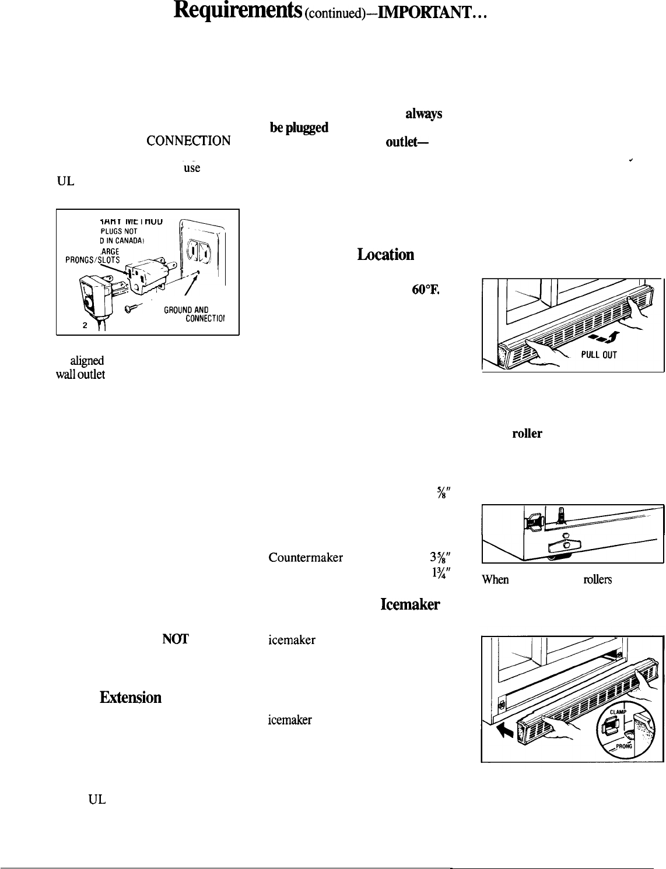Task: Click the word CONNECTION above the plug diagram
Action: [188, 141]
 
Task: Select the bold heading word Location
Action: [385, 255]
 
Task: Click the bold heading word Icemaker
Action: [410, 605]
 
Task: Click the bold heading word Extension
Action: [130, 697]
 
